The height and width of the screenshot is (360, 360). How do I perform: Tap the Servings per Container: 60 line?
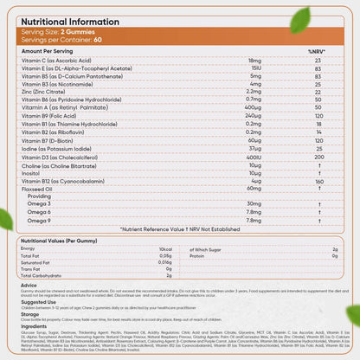point(60,40)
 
